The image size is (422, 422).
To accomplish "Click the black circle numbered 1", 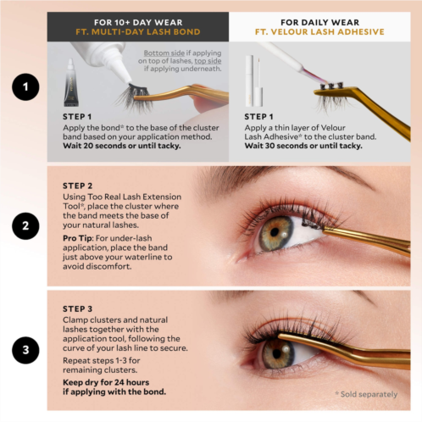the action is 25,86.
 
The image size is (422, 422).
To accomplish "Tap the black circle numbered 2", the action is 25,226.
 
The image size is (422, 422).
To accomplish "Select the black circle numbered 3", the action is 25,350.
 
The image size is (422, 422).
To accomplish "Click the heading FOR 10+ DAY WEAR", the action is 138,22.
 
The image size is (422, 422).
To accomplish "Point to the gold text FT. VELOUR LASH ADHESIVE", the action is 319,31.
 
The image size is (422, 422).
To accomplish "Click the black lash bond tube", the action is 70,82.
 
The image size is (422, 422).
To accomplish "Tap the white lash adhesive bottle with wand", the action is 254,81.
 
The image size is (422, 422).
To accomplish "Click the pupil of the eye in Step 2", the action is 275,232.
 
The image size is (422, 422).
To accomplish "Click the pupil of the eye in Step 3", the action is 277,353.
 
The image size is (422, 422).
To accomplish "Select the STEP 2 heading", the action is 77,186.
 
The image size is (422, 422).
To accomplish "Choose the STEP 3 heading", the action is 77,309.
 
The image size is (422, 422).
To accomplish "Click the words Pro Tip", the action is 77,238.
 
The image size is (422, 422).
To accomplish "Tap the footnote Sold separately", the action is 366,394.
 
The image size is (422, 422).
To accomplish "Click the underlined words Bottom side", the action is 164,53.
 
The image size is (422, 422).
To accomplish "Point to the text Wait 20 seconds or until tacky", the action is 122,146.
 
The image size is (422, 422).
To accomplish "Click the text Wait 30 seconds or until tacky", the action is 303,146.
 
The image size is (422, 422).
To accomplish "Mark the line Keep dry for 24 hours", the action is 106,382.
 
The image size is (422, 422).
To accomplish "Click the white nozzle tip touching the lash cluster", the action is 128,81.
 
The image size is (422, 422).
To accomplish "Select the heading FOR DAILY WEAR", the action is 319,22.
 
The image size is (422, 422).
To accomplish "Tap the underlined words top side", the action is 208,61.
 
